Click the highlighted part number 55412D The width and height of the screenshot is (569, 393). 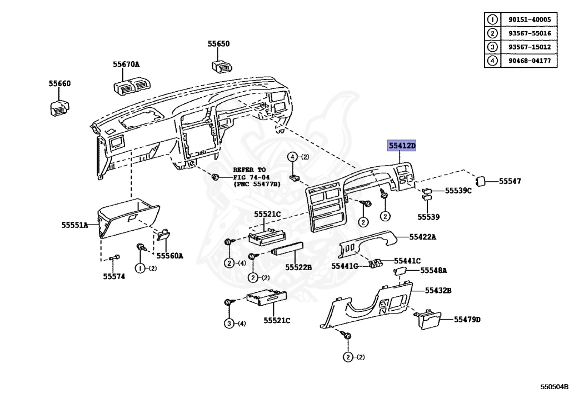coord(402,146)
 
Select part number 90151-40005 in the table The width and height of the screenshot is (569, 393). coord(529,19)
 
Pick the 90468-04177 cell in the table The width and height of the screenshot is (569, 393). coord(529,61)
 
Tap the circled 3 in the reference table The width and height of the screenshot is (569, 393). coord(492,47)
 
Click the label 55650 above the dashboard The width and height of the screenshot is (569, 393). coord(219,44)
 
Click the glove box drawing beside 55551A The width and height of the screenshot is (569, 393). coord(128,220)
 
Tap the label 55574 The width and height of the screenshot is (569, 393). coord(114,276)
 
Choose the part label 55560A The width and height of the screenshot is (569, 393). coord(169,256)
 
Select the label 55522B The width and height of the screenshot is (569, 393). coord(298,267)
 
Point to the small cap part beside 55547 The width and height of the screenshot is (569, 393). coord(480,181)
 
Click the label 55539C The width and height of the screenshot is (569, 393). coord(458,191)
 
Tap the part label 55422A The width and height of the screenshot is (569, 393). coord(423,237)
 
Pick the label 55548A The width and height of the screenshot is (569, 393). coord(433,271)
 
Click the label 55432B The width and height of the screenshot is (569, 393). coord(438,290)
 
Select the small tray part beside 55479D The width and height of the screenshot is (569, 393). coord(428,320)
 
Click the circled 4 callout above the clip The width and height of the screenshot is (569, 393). coord(292,157)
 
